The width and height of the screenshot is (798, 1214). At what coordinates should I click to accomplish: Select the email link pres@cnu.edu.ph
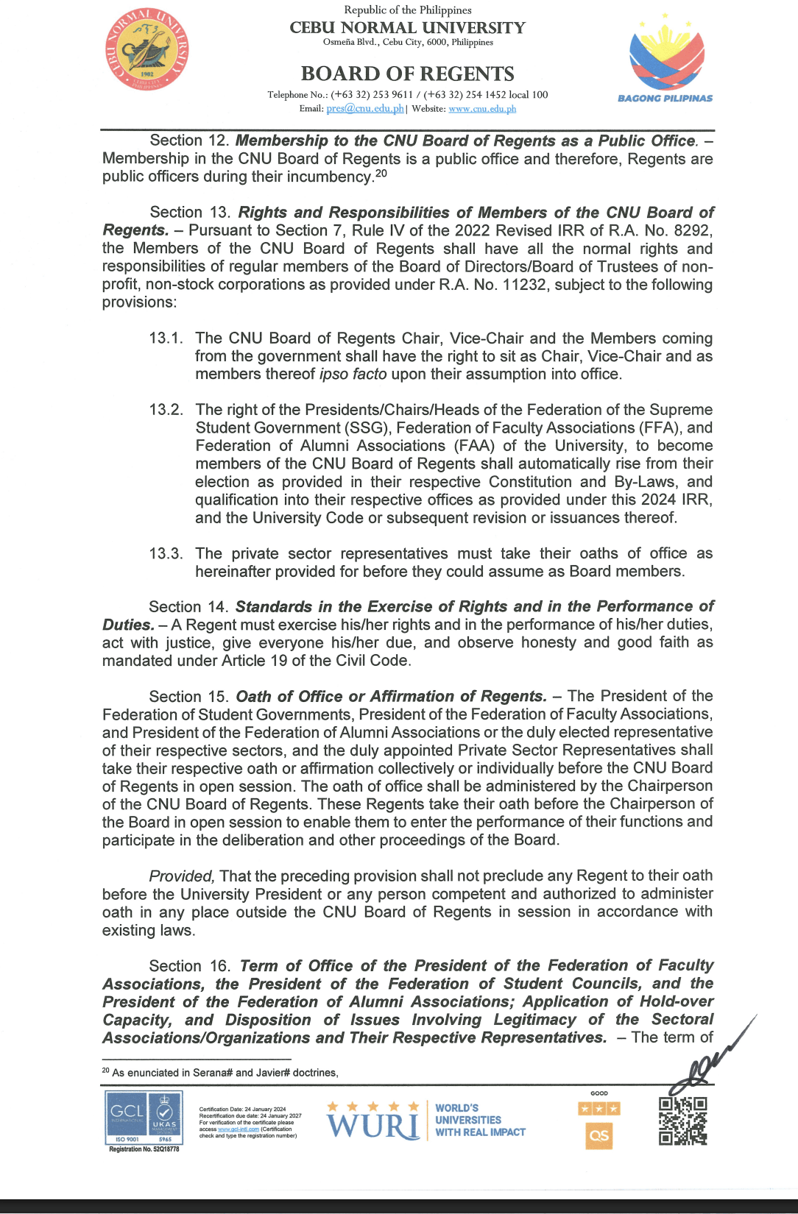(365, 109)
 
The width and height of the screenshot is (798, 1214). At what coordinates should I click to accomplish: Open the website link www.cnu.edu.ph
(482, 109)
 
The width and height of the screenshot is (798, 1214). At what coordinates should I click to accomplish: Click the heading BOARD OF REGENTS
(407, 74)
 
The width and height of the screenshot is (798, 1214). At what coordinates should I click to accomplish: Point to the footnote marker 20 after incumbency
(381, 174)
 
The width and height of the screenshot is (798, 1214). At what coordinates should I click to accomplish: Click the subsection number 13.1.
(166, 338)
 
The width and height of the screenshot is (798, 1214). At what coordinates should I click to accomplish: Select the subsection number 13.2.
(166, 410)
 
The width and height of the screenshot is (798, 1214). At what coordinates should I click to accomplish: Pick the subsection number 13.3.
(166, 554)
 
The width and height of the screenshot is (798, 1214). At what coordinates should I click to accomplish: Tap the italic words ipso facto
(353, 375)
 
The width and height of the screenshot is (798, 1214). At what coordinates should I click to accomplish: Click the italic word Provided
(181, 876)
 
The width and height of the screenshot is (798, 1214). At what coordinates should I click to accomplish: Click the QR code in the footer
(682, 1121)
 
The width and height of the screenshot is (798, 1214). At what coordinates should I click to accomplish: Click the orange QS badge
(599, 1135)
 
